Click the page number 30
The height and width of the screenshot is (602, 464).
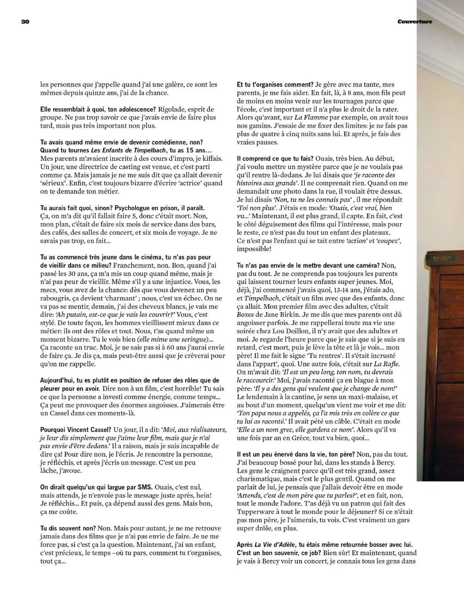tap(25, 22)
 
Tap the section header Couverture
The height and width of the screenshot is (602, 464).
tap(415, 22)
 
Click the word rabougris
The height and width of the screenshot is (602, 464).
tap(58, 298)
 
